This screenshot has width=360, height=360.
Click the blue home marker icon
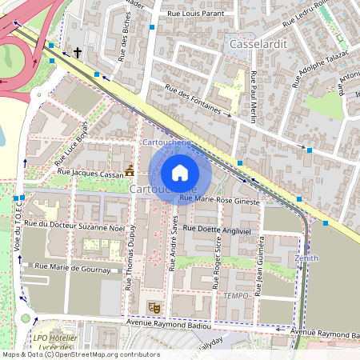point(180,172)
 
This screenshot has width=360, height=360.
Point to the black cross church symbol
point(78,53)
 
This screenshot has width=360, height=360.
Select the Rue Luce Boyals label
point(70,149)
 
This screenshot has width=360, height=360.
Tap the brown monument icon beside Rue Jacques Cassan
point(130,170)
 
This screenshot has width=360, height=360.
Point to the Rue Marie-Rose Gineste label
point(220,202)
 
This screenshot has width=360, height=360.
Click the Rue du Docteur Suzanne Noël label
point(76,225)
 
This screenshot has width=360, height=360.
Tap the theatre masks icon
point(154,306)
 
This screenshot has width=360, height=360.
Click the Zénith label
point(306,258)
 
